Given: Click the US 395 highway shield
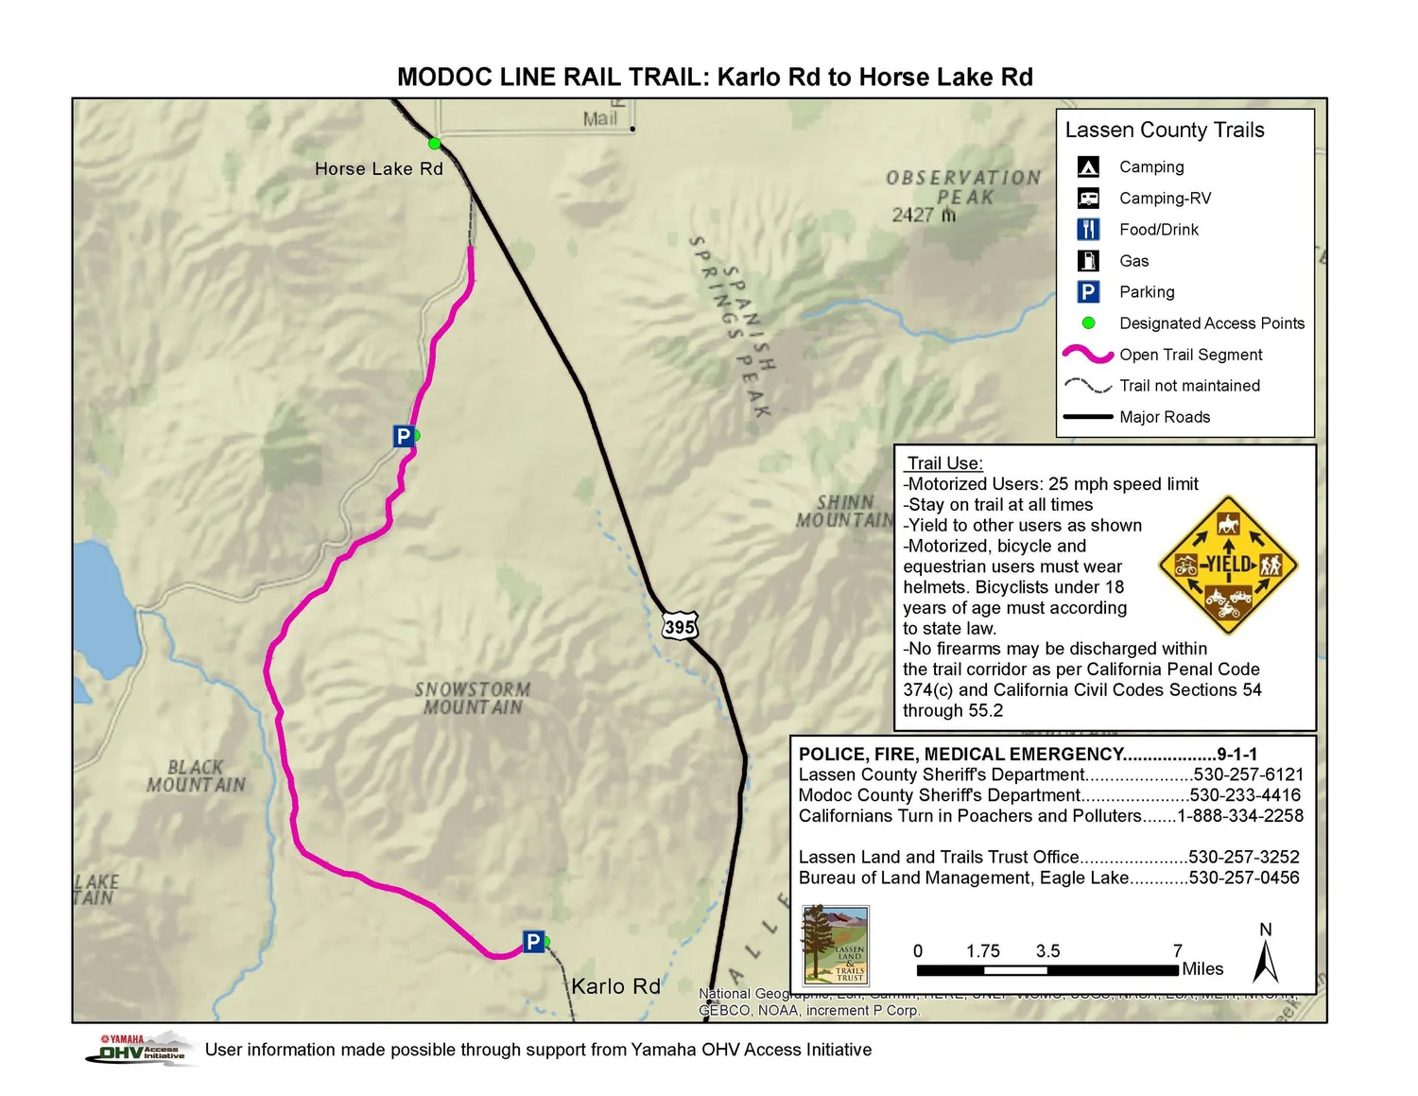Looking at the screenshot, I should coord(680,626).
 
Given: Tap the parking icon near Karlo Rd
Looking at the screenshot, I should coord(533,942).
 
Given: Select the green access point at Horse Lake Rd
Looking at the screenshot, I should coord(434,144).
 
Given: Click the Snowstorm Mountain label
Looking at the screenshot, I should coord(472,698).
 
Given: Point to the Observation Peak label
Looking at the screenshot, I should coord(963,187).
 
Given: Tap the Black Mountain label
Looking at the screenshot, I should coord(196,775).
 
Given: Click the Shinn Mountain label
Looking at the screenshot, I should coord(845,511).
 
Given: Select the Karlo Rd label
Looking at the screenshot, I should coord(615,986).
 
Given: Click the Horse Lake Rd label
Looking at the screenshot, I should coord(378,169).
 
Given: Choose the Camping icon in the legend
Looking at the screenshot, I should coord(1088,167).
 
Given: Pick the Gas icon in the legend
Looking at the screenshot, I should coord(1088,261).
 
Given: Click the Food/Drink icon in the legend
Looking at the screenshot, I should coord(1088,230).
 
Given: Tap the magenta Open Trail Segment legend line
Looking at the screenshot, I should coord(1088,355).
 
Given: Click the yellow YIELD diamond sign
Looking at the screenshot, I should coord(1228,565).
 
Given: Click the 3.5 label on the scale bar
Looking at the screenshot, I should coord(1047,951).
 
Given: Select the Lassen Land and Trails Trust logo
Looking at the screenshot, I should coord(835,946).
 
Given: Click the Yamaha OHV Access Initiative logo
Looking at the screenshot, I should coord(142,1049).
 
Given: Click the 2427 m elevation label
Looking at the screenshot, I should coord(924,216).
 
